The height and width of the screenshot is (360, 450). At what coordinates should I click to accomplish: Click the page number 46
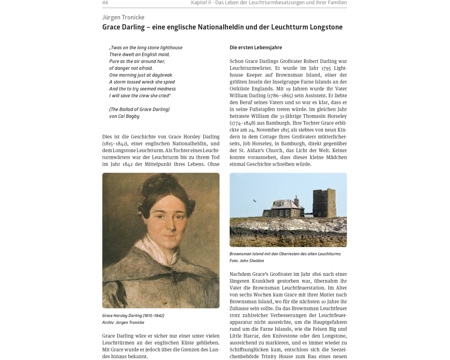pos(105,3)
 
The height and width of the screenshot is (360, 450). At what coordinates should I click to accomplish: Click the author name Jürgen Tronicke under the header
pos(123,17)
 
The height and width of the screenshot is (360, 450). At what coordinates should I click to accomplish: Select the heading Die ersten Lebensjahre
pos(256,47)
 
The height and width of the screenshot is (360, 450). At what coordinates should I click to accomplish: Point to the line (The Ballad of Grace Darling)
pos(139,109)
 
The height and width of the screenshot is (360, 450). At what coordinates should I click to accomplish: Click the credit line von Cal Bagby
pos(124,116)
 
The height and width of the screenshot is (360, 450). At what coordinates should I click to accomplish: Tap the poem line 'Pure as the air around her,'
pos(137,61)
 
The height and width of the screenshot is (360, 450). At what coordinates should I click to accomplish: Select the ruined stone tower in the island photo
pos(324,203)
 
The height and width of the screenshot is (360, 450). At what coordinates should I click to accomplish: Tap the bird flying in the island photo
pos(254,201)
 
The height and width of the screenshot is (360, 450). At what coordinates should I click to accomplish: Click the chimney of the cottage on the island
pos(297,200)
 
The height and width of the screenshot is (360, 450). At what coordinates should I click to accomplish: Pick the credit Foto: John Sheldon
pos(247,261)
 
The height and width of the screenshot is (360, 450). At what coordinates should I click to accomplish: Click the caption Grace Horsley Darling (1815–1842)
pos(133,315)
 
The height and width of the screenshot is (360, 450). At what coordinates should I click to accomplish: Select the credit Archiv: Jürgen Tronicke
pos(123,322)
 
